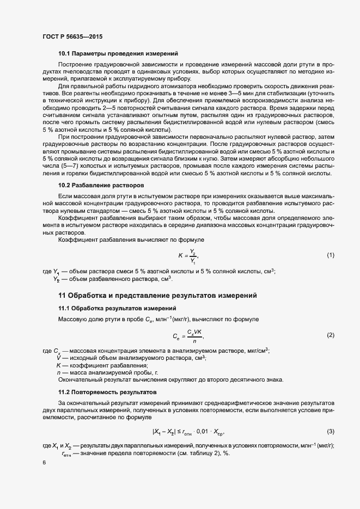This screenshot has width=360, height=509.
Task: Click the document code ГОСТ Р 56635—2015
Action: pos(72,36)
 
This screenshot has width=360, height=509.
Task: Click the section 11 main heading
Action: pos(157,296)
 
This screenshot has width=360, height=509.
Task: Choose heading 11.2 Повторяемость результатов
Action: pos(107,392)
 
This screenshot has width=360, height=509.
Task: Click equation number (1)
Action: pos(330,255)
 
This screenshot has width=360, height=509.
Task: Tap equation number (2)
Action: pos(330,335)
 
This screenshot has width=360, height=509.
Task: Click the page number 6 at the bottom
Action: pos(44,462)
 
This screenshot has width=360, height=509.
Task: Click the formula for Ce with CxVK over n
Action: pos(187,335)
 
